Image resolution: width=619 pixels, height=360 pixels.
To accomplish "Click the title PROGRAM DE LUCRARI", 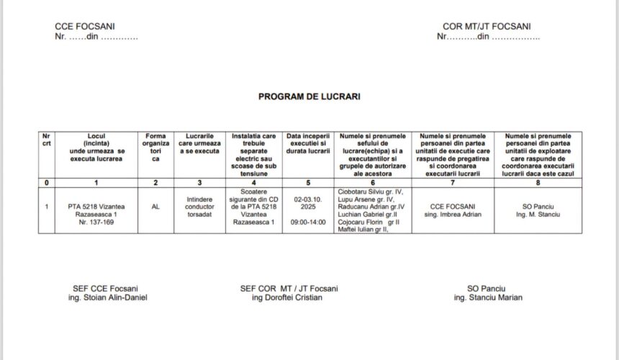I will (309, 96).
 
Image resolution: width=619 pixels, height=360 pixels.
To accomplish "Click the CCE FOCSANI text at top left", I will (86, 27).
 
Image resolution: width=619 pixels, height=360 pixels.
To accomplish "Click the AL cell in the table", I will (155, 206).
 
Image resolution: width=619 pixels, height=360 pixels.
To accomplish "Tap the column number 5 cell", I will (308, 183).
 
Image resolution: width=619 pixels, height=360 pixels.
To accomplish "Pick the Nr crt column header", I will (47, 140).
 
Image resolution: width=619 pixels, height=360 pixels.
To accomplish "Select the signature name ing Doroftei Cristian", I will (289, 297).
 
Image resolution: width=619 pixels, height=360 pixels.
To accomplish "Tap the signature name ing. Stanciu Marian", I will (487, 297).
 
